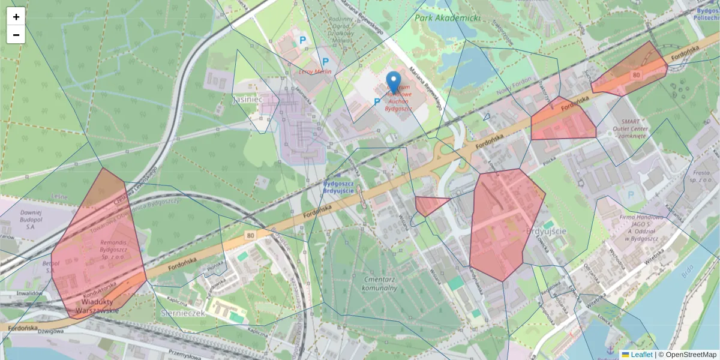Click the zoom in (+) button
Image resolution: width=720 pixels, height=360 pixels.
(x=16, y=17)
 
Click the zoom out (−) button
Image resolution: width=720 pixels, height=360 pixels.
(x=16, y=35)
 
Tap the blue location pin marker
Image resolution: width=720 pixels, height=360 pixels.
(x=394, y=82)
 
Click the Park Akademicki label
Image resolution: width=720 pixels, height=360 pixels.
(x=447, y=18)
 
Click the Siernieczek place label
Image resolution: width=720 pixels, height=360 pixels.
(x=184, y=313)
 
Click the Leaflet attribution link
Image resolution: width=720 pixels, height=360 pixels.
(x=641, y=355)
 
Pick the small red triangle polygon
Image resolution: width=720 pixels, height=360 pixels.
(x=428, y=205)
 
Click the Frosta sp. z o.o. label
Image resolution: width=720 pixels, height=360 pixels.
(x=700, y=175)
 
